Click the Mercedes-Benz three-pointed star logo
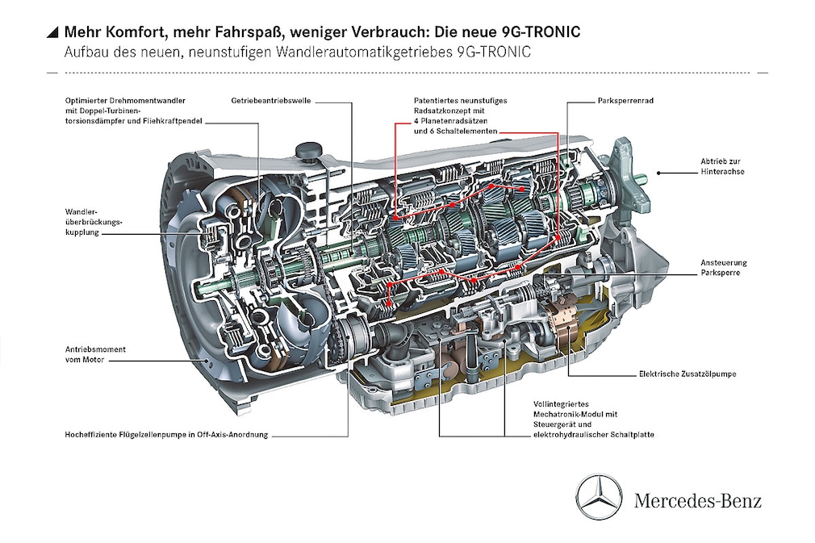[x=600, y=497]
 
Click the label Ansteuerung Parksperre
[x=724, y=268]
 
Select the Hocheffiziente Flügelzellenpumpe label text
[x=166, y=434]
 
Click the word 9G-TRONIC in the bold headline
[x=535, y=32]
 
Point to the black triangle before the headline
[x=52, y=32]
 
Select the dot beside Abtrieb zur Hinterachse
[x=659, y=172]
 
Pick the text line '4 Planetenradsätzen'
[x=450, y=120]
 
